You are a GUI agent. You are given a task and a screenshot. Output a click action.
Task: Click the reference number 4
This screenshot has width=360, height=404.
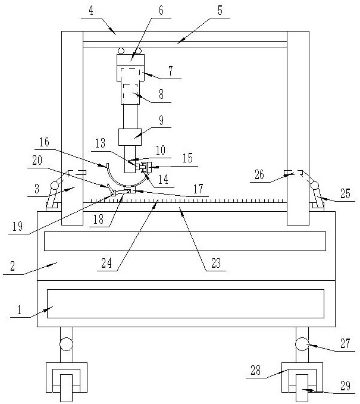[91, 11]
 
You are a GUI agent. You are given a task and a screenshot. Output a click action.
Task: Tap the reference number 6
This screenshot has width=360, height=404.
[161, 11]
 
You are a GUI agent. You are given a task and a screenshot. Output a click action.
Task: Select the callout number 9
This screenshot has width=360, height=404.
[161, 120]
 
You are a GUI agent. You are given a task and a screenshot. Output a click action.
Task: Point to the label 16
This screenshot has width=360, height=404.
[44, 142]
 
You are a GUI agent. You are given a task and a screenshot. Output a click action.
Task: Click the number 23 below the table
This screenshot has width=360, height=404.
[216, 263]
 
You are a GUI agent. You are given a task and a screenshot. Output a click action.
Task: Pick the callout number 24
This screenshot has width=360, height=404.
[107, 263]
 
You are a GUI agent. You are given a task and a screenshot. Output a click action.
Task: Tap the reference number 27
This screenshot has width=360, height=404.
[345, 343]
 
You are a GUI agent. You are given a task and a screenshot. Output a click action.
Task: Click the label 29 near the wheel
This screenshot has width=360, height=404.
[345, 386]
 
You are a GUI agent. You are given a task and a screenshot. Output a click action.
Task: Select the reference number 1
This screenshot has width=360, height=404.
[19, 310]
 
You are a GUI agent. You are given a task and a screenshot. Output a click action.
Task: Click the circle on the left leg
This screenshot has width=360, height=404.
[66, 344]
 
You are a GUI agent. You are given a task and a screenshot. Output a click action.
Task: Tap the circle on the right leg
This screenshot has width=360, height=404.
[302, 344]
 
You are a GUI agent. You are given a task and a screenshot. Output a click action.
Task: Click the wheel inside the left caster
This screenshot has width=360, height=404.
[66, 388]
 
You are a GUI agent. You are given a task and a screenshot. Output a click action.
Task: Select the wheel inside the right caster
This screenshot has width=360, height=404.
[302, 388]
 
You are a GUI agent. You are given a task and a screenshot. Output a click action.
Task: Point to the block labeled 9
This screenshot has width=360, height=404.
[130, 137]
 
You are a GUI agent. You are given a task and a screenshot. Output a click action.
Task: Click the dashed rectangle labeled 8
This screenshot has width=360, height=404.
[130, 94]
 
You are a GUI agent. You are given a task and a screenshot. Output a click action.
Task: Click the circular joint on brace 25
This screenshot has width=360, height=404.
[315, 185]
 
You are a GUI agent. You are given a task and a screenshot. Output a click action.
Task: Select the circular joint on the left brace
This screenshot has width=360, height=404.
[54, 185]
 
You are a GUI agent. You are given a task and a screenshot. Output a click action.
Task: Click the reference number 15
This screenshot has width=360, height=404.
[187, 158]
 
